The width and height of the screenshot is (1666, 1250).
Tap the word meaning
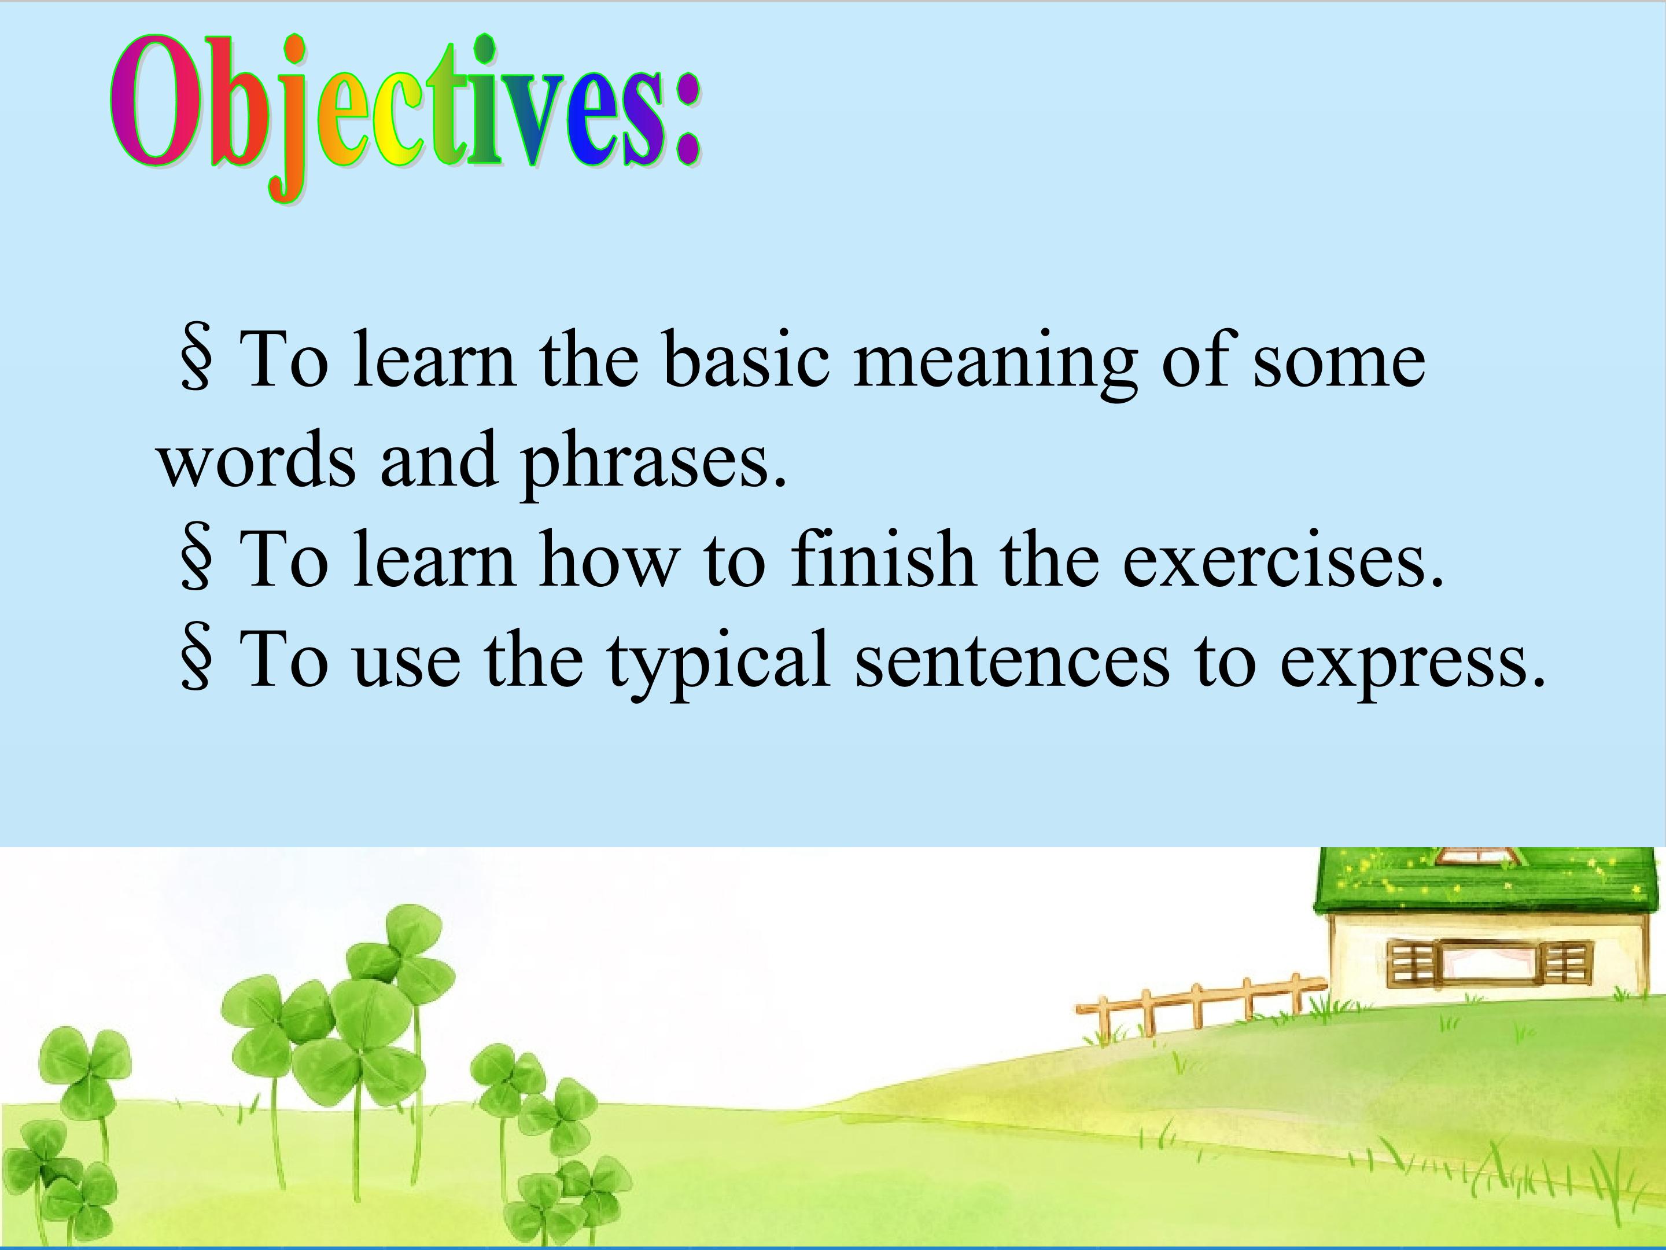[994, 365]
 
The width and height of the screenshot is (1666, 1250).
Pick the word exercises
[1282, 561]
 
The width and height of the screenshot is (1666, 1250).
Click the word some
[1339, 365]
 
